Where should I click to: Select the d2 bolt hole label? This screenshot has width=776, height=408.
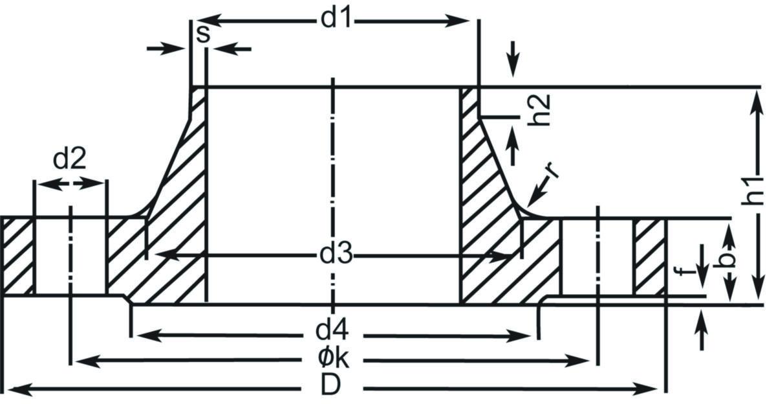69,158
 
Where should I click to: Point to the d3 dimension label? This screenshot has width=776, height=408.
336,256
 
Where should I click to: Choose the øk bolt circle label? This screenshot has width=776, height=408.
333,359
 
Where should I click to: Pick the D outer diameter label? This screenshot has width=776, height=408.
331,387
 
